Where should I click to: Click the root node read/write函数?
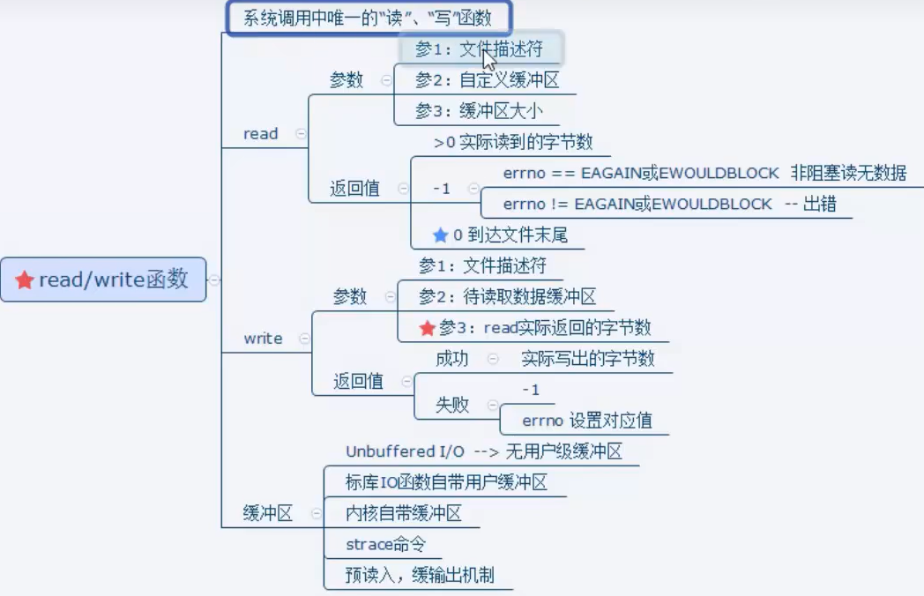coord(103,279)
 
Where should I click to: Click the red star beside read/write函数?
coord(25,280)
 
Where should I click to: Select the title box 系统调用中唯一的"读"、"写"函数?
coord(368,17)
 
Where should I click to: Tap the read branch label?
coord(260,134)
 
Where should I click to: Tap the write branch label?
coord(263,339)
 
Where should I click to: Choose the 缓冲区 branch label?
coord(267,514)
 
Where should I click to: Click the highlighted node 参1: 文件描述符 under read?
coord(479,49)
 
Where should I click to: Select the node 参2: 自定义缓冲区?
coord(488,80)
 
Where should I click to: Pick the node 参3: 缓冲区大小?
coord(479,111)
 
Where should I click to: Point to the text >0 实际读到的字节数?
coord(513,142)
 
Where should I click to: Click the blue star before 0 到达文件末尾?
coord(441,235)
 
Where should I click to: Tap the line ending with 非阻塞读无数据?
coord(704,173)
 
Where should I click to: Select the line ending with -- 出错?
coord(669,204)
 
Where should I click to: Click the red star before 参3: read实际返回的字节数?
coord(428,328)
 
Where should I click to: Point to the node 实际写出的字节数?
coord(587,359)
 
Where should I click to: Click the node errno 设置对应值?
coord(586,421)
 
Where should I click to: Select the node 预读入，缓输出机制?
coord(420,576)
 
